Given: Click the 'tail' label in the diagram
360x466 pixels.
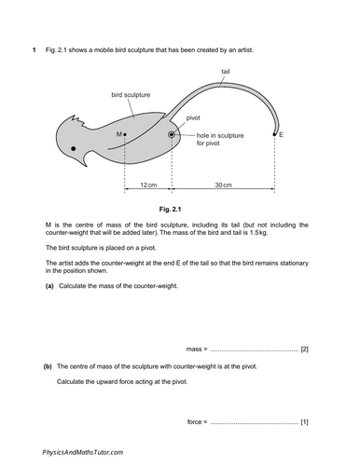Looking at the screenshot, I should [226, 72].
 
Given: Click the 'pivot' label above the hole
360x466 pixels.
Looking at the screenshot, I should [193, 118].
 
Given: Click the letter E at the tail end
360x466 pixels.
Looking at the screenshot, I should [281, 135].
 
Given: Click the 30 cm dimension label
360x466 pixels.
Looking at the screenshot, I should [223, 185].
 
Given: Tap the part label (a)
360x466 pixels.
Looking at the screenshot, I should [49, 284].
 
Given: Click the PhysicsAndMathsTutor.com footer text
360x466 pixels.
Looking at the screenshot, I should [83, 451].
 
